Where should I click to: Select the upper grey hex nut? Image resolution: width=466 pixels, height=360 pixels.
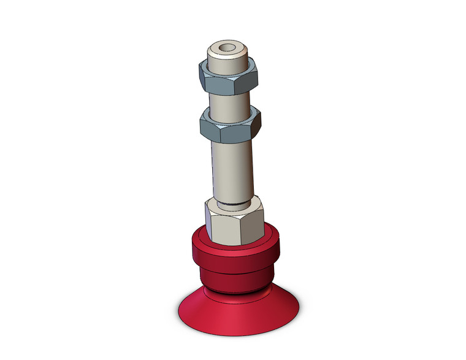pos(228,78)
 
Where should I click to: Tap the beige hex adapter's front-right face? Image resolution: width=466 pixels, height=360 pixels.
pos(253,225)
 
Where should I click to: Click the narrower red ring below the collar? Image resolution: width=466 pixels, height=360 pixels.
pos(236,280)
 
